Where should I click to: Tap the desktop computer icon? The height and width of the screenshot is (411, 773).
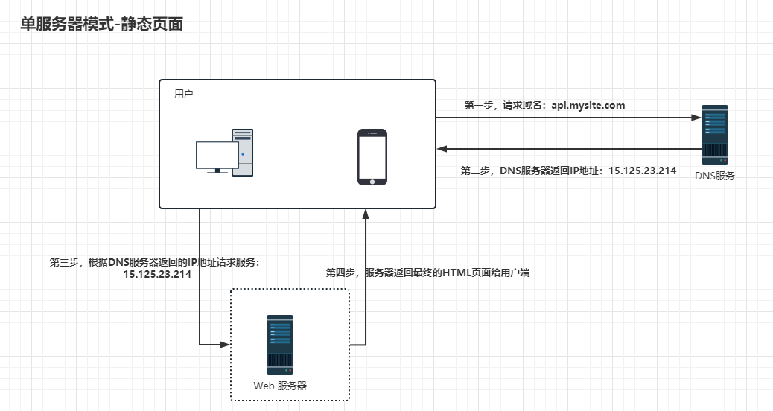[224, 153]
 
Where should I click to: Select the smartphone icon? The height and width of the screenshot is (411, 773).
[372, 157]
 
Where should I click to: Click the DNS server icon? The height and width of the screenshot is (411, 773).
[715, 133]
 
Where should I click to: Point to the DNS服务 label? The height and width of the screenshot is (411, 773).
[715, 176]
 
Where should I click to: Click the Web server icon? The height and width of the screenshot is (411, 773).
[280, 344]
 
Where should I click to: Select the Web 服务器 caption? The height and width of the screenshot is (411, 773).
[280, 386]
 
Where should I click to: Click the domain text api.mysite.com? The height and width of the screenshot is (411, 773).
[588, 106]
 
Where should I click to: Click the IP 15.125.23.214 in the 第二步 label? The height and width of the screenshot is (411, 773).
[643, 171]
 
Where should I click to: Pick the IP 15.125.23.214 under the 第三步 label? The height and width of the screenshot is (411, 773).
[157, 274]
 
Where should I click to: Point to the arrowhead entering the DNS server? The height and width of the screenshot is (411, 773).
[696, 118]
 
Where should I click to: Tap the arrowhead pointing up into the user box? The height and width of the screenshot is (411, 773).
[366, 214]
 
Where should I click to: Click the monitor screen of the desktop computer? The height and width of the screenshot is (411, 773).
[217, 155]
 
